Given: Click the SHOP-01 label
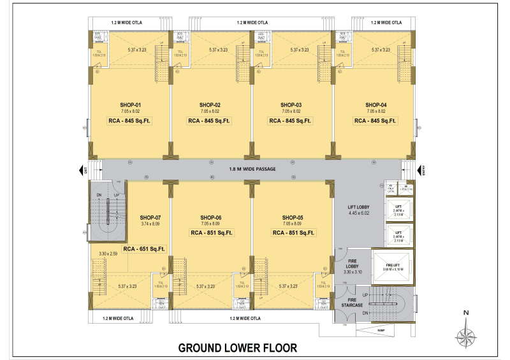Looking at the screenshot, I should pos(130,104).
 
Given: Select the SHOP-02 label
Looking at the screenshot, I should pos(210,104).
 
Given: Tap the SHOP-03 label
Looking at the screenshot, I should pos(291,104).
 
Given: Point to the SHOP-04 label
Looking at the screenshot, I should pos(375,104).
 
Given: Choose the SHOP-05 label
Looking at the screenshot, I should pos(293,217).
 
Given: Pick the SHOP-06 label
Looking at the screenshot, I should pos(210,217).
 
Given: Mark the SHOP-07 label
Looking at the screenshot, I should pos(150,217).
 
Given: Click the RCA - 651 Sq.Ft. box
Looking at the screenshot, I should pos(145,248).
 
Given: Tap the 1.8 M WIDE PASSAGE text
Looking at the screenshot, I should pos(252,169).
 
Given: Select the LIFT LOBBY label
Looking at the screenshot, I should pos(359,206).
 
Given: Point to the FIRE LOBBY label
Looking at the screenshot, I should pos(353,264).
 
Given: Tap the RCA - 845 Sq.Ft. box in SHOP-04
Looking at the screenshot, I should pos(375,120).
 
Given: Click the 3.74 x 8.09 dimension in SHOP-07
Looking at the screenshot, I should pos(150,224).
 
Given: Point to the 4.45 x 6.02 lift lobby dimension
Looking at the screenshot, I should pos(359,213).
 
